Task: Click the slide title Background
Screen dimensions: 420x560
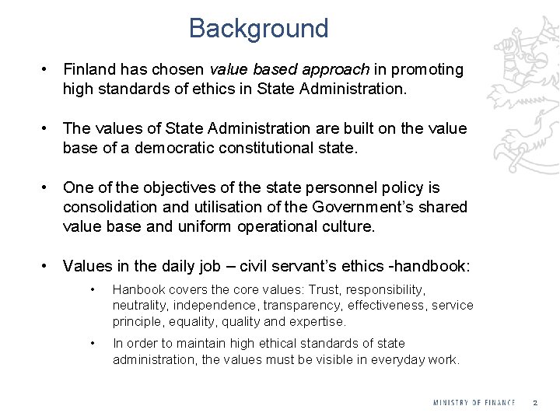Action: pos(258,29)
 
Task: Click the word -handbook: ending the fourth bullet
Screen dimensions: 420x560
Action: pos(430,267)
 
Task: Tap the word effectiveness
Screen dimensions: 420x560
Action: pos(387,305)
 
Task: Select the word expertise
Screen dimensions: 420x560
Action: pos(317,320)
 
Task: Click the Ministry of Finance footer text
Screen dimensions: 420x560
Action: pos(474,402)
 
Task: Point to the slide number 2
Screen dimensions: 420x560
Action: pos(535,402)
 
